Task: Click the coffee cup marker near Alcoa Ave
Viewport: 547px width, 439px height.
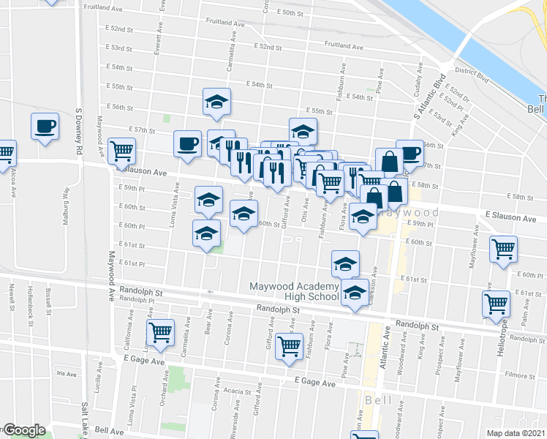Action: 45,127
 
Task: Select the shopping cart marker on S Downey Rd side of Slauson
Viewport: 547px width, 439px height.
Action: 121,151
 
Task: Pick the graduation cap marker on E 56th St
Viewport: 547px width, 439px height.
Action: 216,102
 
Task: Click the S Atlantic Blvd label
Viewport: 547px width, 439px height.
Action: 427,97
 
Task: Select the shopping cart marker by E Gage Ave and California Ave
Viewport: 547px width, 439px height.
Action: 160,332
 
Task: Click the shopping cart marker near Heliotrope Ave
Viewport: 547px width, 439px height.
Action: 496,303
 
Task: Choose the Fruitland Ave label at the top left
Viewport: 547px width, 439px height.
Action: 102,7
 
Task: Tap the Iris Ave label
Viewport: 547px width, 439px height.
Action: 66,373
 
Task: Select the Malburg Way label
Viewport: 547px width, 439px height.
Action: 65,208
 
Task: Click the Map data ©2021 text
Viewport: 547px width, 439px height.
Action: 516,433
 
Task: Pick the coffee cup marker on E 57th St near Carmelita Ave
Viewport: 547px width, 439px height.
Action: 187,142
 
